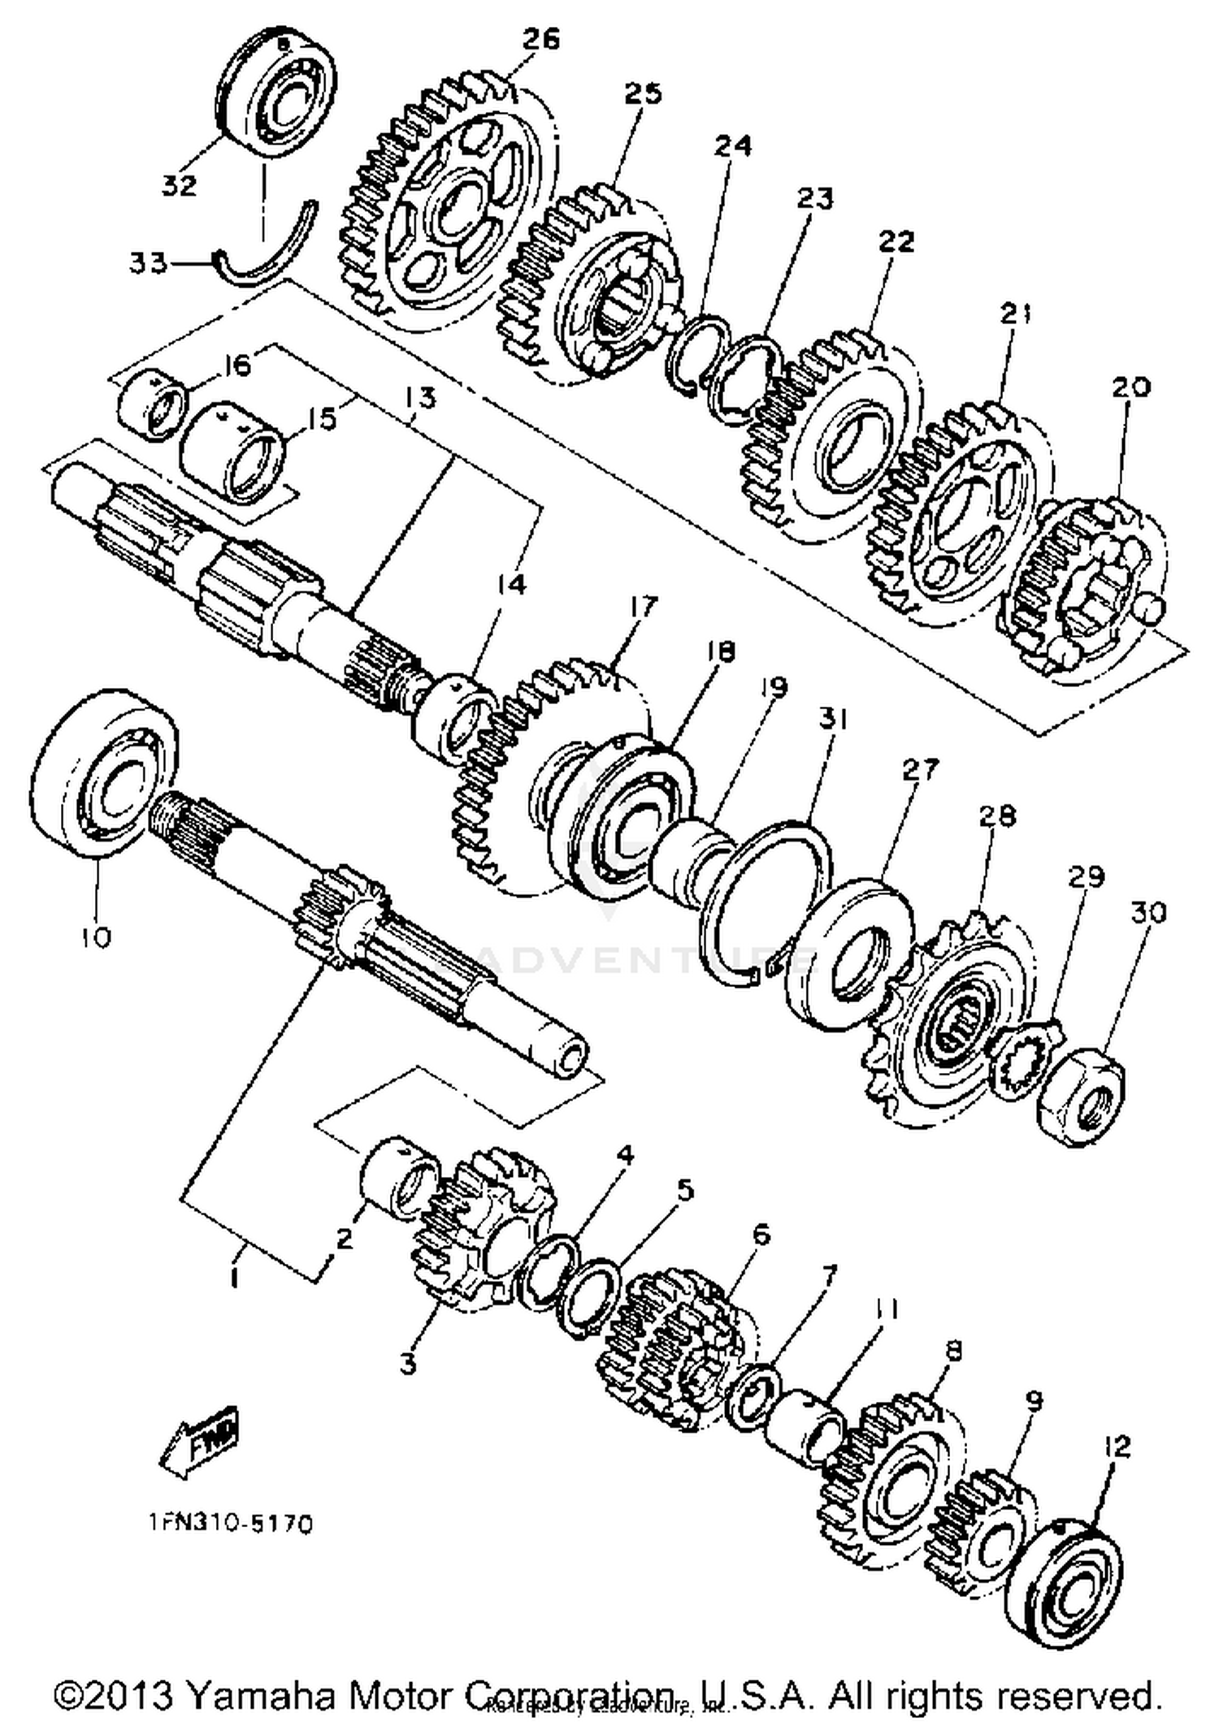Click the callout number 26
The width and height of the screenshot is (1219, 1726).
point(540,38)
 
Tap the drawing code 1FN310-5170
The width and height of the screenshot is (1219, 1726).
point(231,1524)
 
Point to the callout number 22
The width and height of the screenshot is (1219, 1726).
point(896,241)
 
